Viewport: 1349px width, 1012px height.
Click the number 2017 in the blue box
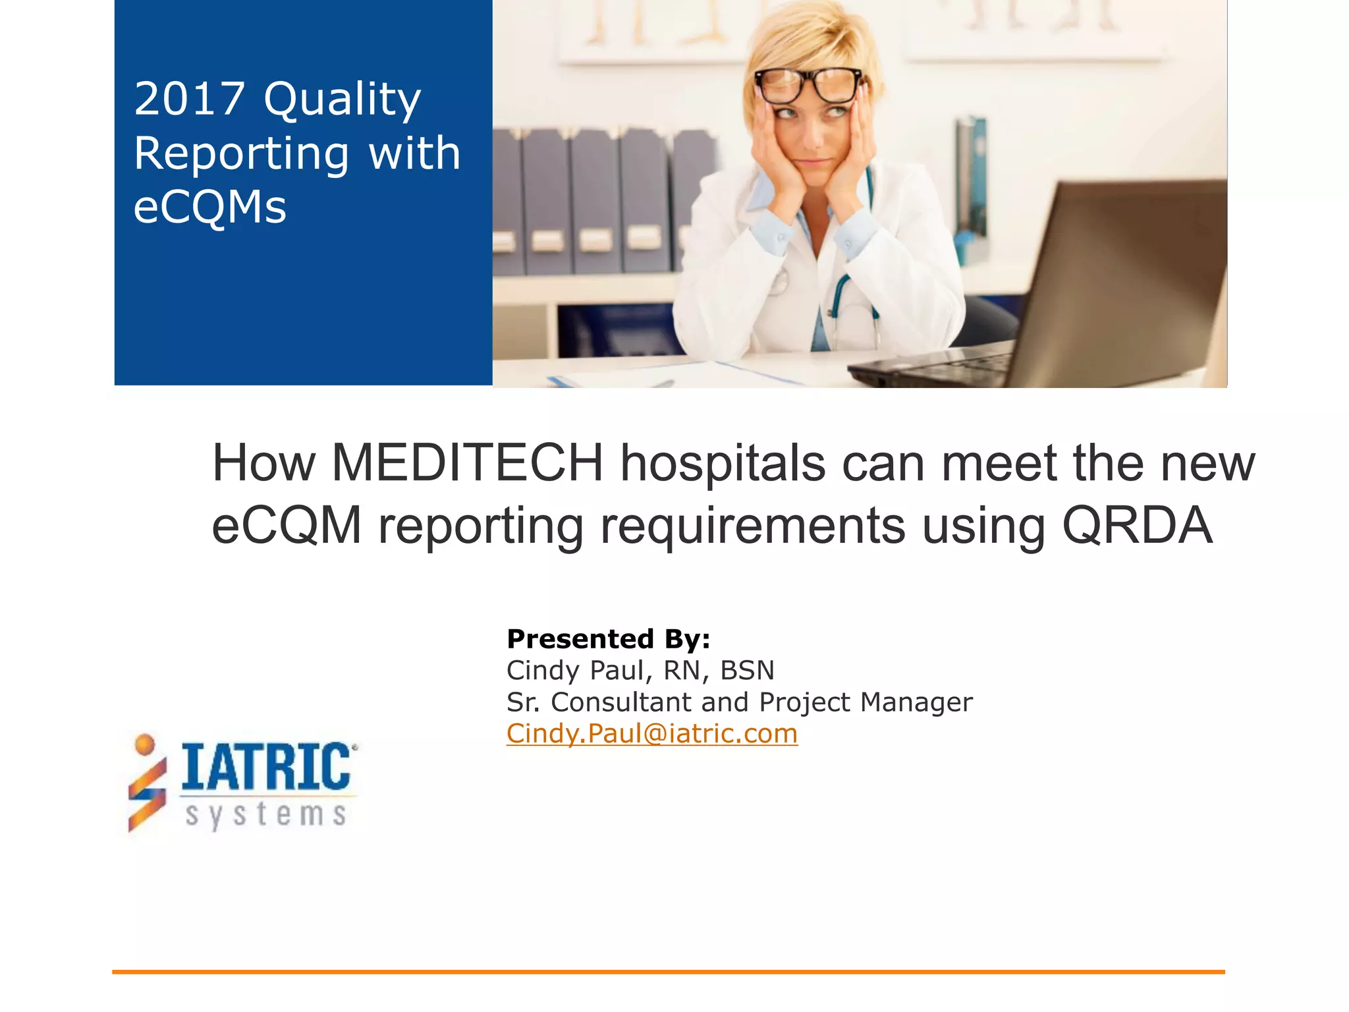189,99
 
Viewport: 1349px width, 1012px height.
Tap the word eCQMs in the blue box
210,207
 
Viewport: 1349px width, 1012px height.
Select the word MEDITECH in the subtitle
467,463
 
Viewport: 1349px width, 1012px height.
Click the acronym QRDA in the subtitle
1138,525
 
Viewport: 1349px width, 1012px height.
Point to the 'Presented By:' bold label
608,638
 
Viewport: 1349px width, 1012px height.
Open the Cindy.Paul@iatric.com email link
652,733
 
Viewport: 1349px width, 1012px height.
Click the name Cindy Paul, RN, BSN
640,670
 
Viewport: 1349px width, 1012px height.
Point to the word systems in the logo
265,814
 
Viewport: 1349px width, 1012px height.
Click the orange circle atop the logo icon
144,744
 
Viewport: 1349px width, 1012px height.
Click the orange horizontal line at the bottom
668,971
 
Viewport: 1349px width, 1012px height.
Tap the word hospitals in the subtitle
723,463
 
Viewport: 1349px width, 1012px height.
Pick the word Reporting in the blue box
241,154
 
